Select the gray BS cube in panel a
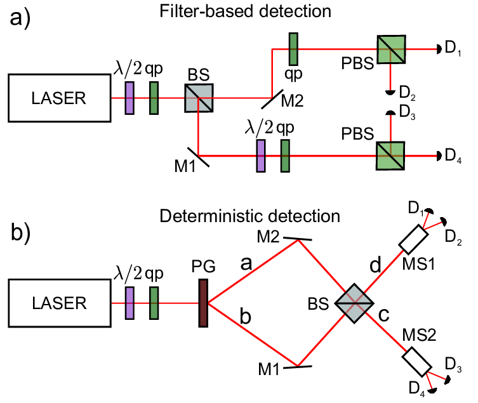pos(199,99)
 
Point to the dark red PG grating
pos(203,303)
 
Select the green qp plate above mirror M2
pos(293,49)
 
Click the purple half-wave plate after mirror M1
pos(261,156)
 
